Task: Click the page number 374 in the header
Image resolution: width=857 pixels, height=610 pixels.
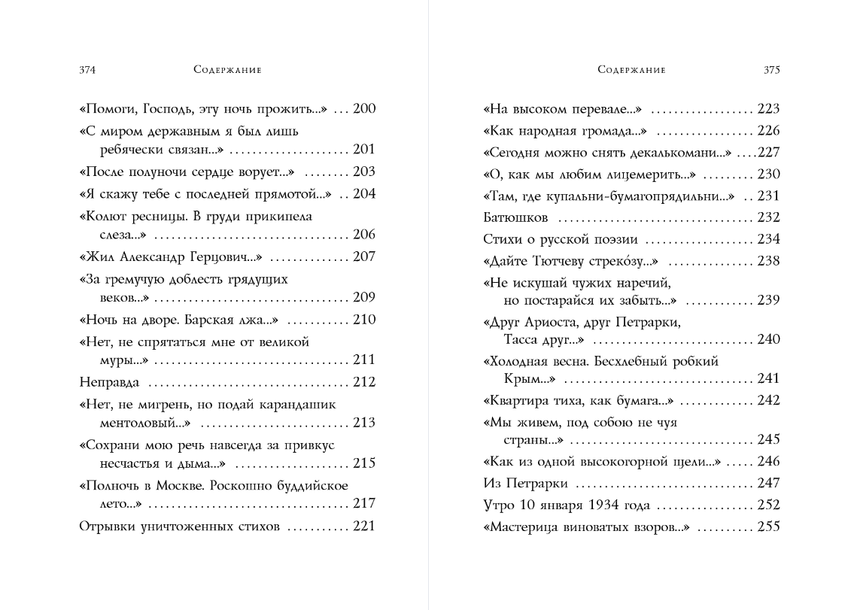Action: [x=87, y=70]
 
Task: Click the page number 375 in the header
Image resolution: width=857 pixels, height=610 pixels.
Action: [x=772, y=70]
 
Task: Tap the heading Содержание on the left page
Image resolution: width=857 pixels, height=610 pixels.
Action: [x=226, y=70]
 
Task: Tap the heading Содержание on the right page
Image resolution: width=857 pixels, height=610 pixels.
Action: [x=631, y=70]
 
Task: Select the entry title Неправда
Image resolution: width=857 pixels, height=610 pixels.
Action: [x=110, y=382]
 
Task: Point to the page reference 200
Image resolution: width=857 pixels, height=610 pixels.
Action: [x=364, y=109]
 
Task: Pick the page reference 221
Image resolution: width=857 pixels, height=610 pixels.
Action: [x=364, y=526]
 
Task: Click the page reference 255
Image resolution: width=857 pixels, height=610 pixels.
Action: [x=769, y=527]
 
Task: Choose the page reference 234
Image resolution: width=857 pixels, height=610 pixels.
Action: [x=769, y=240]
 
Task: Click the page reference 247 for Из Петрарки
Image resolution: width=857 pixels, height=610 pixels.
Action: [x=769, y=483]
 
